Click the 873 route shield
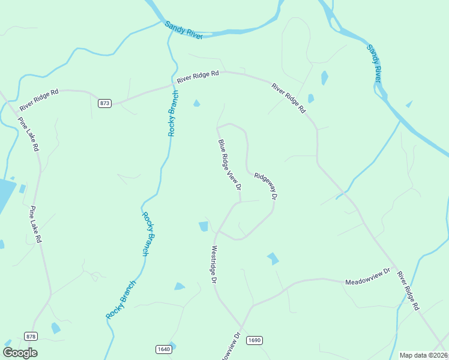click(x=105, y=103)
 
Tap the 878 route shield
click(x=31, y=336)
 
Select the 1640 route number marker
click(x=163, y=349)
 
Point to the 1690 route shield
click(x=255, y=340)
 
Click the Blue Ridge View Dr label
click(x=229, y=165)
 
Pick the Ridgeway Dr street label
click(x=267, y=186)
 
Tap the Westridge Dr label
click(x=213, y=264)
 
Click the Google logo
click(x=20, y=352)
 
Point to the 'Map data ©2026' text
click(x=423, y=355)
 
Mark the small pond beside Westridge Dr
click(x=203, y=226)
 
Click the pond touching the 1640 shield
click(x=172, y=345)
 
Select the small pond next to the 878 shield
click(x=55, y=328)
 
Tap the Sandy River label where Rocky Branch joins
click(x=184, y=30)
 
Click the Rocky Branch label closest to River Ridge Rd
click(x=173, y=113)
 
